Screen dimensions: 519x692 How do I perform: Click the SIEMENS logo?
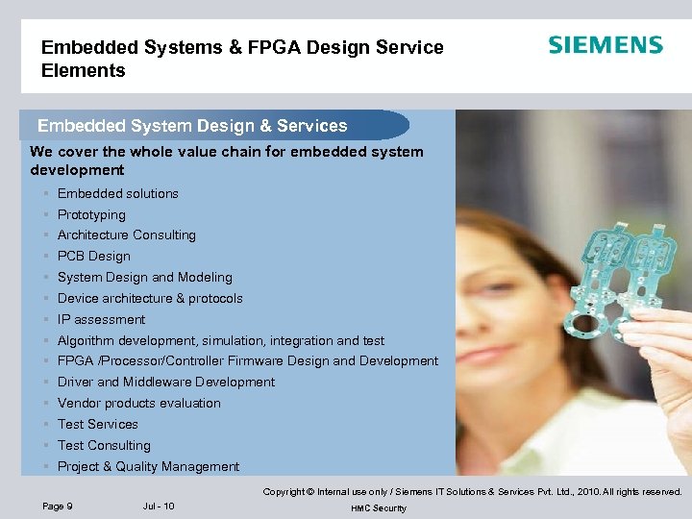[x=605, y=45]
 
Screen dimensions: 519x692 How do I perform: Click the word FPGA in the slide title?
[x=243, y=47]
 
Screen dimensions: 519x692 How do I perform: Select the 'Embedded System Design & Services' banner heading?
[x=192, y=126]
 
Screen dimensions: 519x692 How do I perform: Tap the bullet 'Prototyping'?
[x=91, y=214]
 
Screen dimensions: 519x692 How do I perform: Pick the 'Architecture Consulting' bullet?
[x=126, y=235]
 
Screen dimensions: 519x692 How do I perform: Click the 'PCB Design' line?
[x=93, y=257]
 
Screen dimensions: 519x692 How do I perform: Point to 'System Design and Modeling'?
[x=144, y=278]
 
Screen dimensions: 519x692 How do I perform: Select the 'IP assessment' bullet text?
[x=101, y=319]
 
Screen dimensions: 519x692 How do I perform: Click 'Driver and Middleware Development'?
[x=165, y=383]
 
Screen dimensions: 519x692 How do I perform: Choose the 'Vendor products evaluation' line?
[x=138, y=404]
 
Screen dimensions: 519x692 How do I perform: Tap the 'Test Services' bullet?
[x=97, y=425]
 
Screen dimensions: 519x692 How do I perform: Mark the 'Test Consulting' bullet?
[x=104, y=446]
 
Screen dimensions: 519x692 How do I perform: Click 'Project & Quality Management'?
[x=148, y=467]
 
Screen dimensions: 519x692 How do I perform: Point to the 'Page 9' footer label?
[x=58, y=507]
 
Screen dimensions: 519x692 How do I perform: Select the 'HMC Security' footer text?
[x=379, y=508]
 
